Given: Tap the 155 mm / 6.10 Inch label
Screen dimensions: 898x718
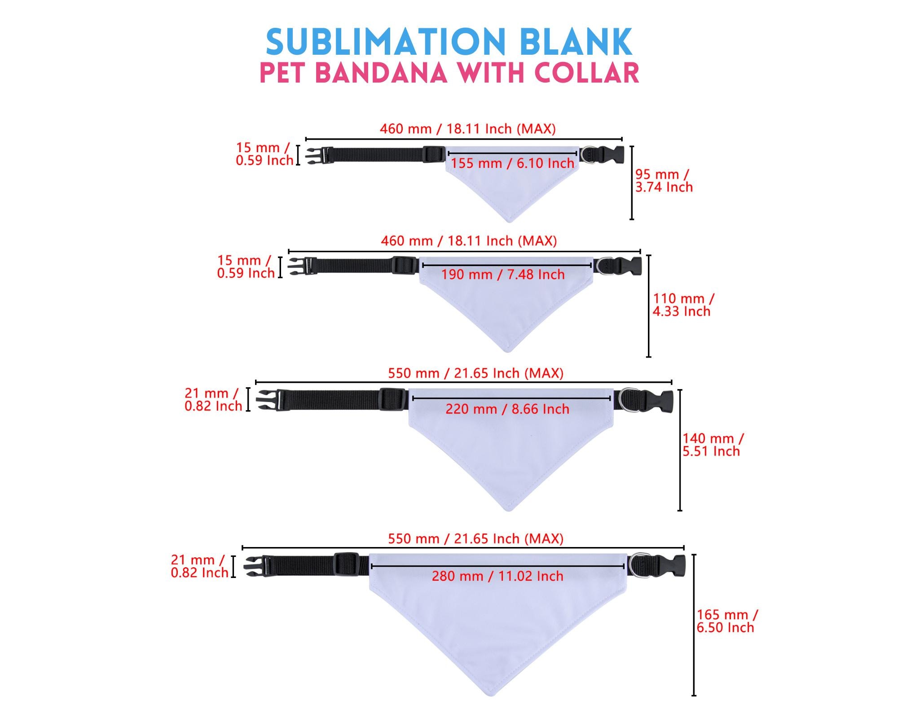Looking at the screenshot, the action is (x=512, y=163).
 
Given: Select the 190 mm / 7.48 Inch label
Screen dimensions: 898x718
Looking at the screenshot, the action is (x=503, y=274).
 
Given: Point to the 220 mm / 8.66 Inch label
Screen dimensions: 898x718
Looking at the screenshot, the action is (x=507, y=409).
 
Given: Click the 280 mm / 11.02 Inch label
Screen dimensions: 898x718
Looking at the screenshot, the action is (x=497, y=576).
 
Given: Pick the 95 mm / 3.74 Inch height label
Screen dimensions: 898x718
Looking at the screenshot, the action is (x=664, y=181).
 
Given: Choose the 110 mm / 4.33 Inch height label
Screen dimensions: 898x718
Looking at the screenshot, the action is (x=683, y=305).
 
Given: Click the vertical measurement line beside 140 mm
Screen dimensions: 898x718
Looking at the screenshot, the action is (x=680, y=450).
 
